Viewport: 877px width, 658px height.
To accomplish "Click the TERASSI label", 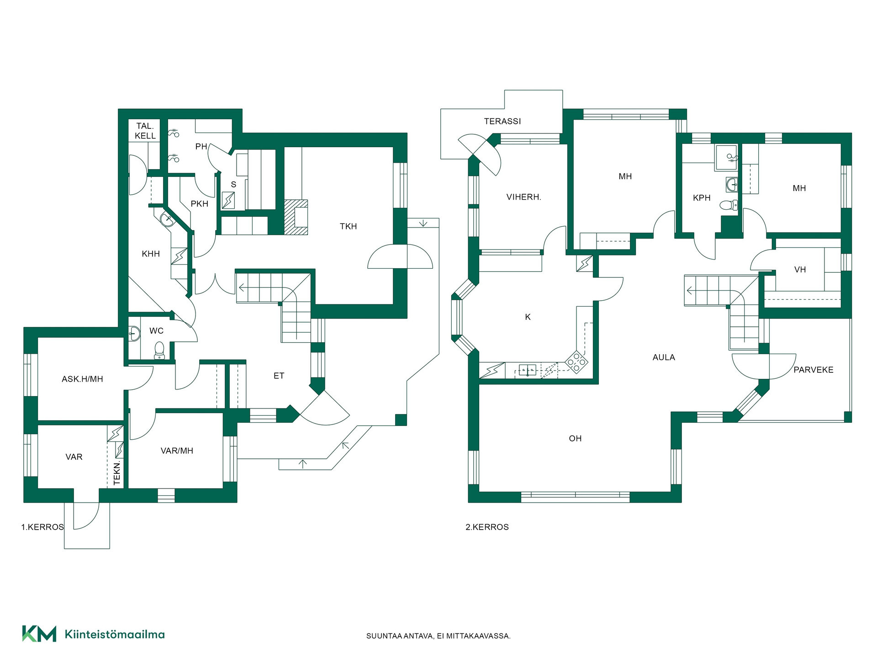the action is point(502,121).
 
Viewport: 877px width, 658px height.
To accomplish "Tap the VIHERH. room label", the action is point(523,197).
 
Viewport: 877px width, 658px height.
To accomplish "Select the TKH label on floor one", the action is point(348,226).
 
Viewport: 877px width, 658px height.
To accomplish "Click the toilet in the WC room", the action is point(159,350).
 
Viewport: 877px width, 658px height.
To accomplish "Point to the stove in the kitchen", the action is point(576,362).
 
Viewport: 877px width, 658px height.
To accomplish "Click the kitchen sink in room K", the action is point(528,370).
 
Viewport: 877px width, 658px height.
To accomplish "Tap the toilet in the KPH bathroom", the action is point(729,205).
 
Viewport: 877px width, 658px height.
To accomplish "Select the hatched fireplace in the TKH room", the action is point(296,217).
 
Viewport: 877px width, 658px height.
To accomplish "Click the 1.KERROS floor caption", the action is point(42,527).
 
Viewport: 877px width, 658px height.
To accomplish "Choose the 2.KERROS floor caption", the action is point(487,527).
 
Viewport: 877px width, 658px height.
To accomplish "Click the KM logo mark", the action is point(39,634).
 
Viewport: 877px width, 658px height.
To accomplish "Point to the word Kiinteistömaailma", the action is point(115,634).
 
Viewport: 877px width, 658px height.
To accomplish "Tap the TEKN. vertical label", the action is point(117,472).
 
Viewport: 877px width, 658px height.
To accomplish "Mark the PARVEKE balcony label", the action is point(813,370).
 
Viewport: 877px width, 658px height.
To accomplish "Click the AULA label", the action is point(664,357).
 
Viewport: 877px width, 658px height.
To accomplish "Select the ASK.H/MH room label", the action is point(82,379).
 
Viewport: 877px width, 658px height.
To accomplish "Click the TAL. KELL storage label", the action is point(145,131).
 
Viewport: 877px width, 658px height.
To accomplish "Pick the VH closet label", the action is point(800,270).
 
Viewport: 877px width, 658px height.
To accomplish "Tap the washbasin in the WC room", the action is point(133,334).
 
